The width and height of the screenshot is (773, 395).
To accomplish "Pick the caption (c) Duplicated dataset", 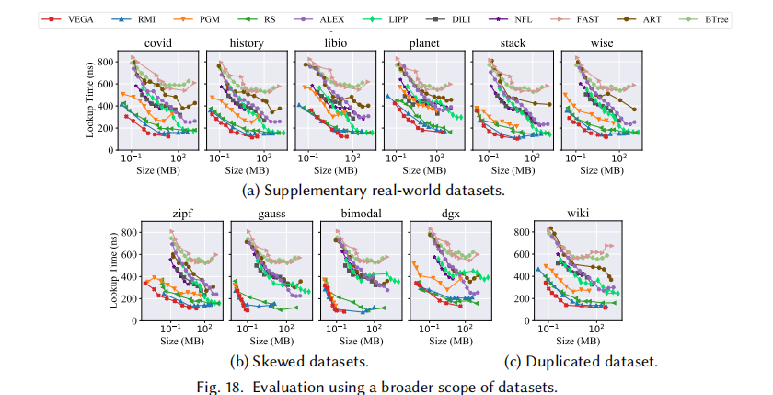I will click(x=581, y=361).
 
